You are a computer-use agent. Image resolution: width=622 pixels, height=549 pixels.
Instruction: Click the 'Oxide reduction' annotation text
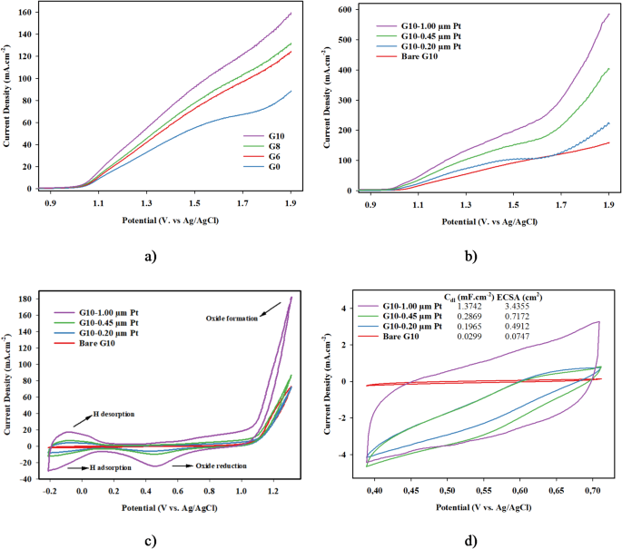[223, 466]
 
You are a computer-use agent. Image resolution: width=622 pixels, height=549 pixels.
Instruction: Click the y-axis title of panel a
[8, 97]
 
